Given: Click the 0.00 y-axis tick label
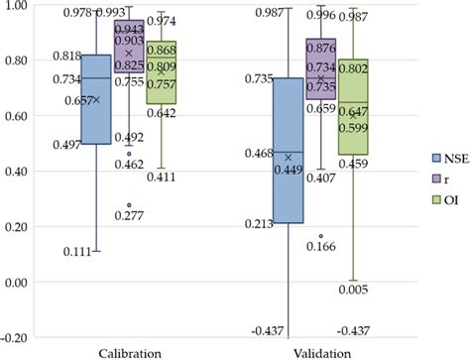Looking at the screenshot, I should (16, 283).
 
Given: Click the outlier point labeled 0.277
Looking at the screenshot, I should (129, 205).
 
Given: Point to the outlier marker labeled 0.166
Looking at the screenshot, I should (320, 237).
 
